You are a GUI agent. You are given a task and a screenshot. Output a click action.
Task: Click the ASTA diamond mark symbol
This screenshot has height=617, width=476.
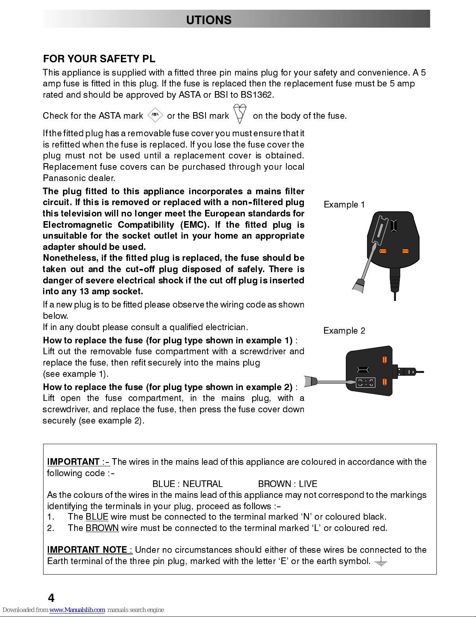155,115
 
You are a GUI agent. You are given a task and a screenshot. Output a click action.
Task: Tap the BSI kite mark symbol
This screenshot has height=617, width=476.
240,113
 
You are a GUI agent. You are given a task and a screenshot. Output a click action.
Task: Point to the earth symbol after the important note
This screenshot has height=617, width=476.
381,561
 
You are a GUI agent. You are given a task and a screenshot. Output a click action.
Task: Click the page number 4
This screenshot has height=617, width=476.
51,598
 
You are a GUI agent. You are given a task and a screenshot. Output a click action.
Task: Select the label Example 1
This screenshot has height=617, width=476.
344,205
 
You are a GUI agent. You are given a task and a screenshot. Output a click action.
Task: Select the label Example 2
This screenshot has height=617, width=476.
344,331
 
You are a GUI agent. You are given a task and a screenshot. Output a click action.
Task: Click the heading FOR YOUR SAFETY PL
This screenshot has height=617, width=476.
99,59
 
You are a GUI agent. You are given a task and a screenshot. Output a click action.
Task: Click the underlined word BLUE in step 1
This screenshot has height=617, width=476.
97,517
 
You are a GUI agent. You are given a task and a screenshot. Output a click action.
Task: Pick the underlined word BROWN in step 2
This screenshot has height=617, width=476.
102,528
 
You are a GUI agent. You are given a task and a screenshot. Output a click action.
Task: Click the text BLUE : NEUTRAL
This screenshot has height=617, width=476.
187,484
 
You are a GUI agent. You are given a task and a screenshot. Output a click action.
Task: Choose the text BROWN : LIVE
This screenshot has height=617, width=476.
288,484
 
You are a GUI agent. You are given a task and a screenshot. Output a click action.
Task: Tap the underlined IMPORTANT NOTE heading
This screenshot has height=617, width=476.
89,550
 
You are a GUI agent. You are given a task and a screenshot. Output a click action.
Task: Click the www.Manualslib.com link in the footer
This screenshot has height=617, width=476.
77,610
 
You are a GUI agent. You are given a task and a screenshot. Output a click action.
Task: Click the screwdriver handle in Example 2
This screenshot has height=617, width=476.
311,381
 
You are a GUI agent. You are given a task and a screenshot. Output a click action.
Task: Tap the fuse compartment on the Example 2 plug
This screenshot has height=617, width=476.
365,383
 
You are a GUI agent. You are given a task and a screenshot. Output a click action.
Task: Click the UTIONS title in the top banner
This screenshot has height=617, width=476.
209,20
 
